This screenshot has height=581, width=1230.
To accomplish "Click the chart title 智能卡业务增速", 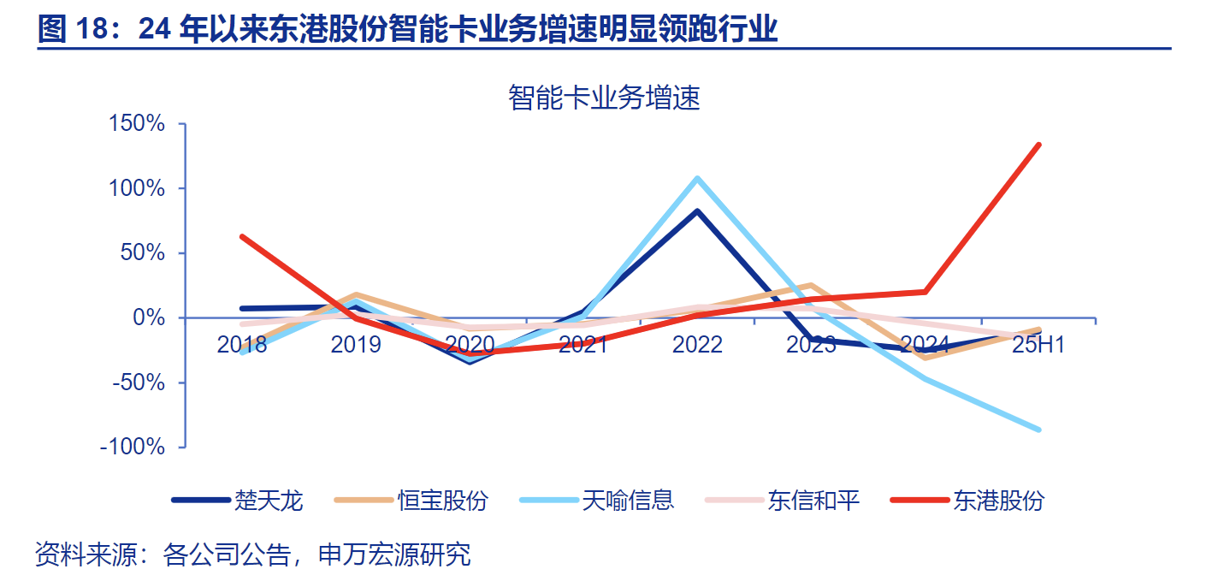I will click(604, 98).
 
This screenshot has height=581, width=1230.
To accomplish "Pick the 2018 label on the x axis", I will click(242, 345).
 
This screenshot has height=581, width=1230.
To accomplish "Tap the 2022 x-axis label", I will click(697, 345).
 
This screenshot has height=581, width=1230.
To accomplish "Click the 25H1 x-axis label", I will click(1038, 345).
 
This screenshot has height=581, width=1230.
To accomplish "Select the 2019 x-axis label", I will click(356, 345).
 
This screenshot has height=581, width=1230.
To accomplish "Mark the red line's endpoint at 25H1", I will click(1038, 145).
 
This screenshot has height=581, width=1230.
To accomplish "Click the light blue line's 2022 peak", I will click(697, 178).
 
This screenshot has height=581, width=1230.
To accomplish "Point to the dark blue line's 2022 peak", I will click(697, 211).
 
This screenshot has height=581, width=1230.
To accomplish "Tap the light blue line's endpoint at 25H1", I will click(1038, 430).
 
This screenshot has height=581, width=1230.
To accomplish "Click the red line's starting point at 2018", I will click(243, 237).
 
